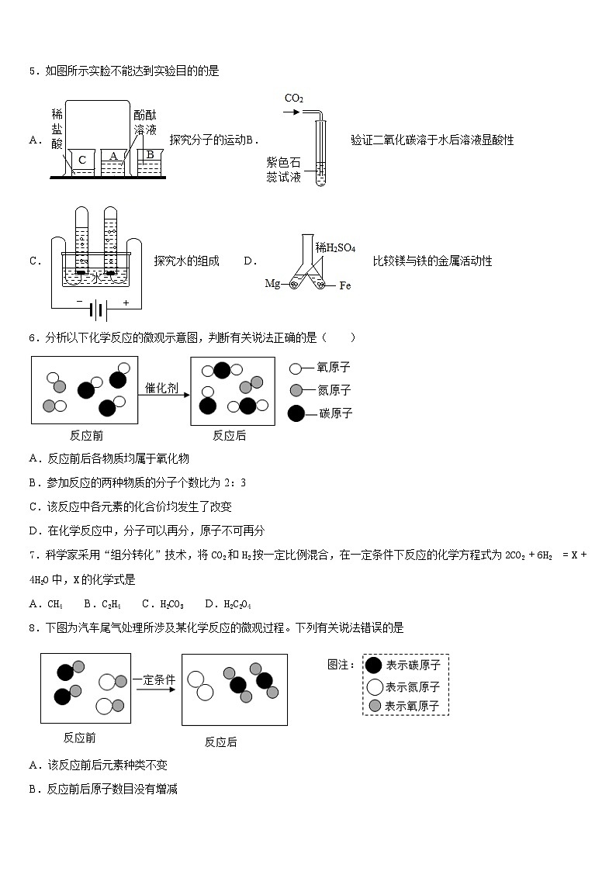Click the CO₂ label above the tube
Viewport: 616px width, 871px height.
click(x=294, y=99)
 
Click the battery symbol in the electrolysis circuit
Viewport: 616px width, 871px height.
click(x=98, y=310)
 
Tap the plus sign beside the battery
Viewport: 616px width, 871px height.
click(x=126, y=302)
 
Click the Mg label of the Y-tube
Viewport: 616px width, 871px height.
click(x=272, y=284)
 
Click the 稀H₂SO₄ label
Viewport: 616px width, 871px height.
click(x=335, y=247)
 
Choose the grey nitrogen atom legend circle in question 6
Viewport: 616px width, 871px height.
click(x=296, y=390)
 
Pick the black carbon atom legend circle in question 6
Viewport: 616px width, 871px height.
click(x=296, y=413)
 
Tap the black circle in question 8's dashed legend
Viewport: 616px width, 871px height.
click(x=374, y=665)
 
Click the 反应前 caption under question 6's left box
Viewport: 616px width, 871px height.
click(x=86, y=435)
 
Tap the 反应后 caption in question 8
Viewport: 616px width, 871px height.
click(x=221, y=741)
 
